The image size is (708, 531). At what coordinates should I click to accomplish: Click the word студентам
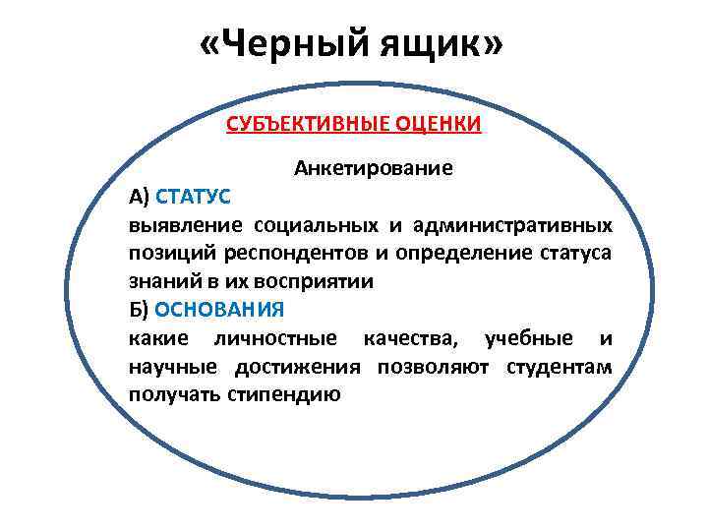(559, 367)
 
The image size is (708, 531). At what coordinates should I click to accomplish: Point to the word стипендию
(283, 395)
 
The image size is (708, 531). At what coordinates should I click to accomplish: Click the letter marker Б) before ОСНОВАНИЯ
(139, 309)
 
